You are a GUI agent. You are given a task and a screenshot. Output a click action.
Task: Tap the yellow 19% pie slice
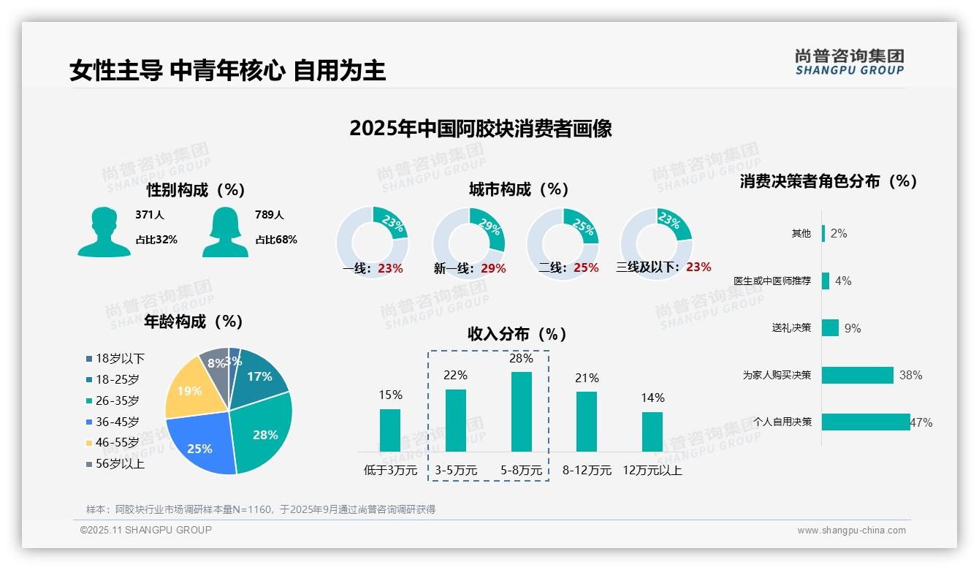click(x=188, y=391)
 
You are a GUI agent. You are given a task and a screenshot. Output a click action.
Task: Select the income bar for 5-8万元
click(x=521, y=411)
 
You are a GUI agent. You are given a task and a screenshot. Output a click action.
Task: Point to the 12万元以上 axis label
click(x=652, y=470)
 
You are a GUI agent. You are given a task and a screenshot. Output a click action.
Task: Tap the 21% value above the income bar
click(x=587, y=378)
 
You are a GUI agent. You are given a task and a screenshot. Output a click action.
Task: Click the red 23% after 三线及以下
click(x=698, y=267)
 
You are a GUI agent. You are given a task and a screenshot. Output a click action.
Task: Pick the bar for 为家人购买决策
click(x=858, y=375)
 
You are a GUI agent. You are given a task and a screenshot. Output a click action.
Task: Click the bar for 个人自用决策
click(x=866, y=422)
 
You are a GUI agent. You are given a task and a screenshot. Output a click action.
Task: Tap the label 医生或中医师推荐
click(x=772, y=281)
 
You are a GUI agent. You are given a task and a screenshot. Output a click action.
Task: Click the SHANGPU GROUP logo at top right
click(x=850, y=62)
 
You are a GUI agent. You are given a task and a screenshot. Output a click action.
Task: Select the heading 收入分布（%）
click(x=517, y=334)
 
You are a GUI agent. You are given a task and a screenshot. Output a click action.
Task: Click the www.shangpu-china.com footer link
click(x=851, y=531)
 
